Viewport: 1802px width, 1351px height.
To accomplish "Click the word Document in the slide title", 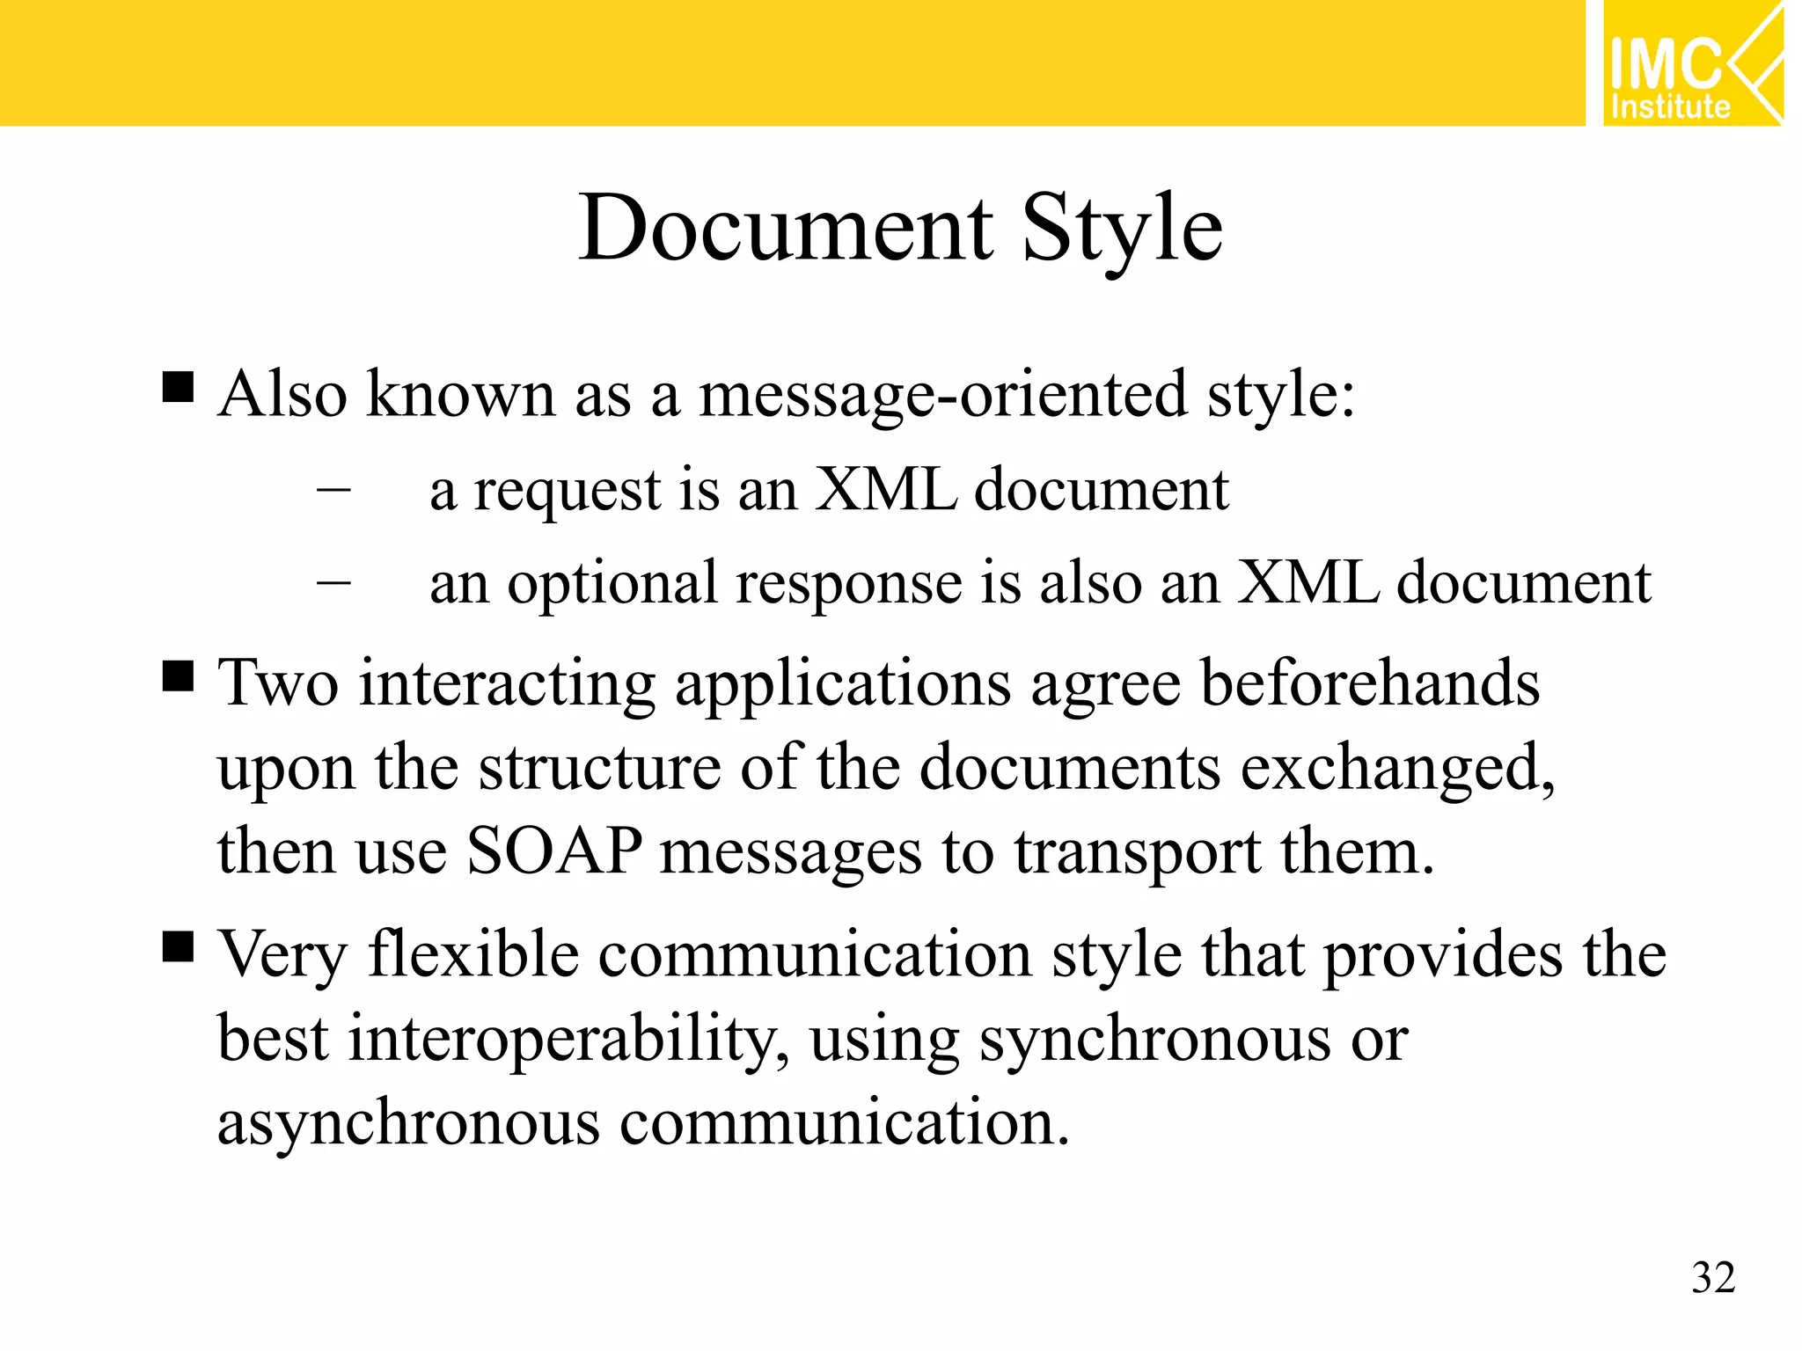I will click(x=786, y=228).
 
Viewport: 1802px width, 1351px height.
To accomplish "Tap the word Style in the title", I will click(x=1122, y=228).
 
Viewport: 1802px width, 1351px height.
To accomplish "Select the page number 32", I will click(x=1713, y=1277).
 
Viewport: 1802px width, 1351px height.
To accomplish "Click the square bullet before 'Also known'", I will click(x=178, y=387).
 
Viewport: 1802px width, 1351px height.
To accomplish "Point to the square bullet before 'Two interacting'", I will click(x=178, y=677).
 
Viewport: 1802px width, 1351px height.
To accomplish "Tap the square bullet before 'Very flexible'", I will click(x=178, y=948).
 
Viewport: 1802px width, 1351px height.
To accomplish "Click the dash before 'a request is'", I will click(x=333, y=486).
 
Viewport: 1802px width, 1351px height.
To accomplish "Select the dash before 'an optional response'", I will click(x=333, y=581).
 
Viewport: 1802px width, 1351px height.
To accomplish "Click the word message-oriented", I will click(x=942, y=394).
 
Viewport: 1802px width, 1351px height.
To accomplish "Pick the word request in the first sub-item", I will click(x=567, y=490).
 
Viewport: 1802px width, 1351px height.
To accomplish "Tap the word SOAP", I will click(x=553, y=851).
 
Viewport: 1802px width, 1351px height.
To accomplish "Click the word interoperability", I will click(x=568, y=1040).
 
